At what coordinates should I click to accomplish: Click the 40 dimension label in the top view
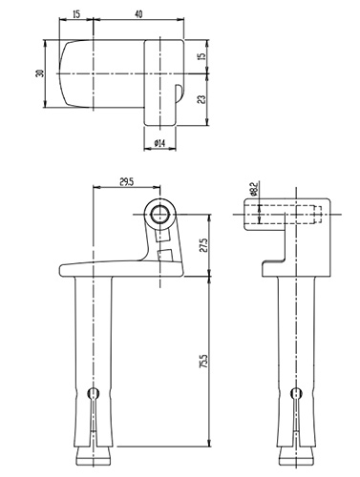tap(138, 14)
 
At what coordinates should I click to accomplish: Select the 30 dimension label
tap(40, 73)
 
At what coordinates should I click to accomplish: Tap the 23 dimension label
tap(201, 99)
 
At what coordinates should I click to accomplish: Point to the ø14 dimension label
tap(159, 144)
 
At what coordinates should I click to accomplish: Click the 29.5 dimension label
tap(126, 182)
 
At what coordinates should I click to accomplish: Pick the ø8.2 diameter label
tap(254, 189)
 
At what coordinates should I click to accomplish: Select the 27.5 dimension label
tap(203, 245)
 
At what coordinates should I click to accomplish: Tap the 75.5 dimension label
tap(203, 362)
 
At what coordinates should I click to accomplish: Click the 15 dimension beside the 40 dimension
tap(76, 14)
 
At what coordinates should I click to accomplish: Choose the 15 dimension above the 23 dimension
tap(201, 56)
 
